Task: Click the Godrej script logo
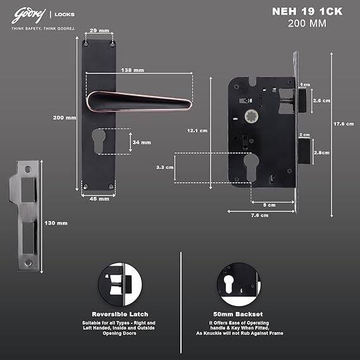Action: tap(28, 16)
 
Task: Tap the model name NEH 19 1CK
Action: tap(307, 11)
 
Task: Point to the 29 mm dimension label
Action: tap(99, 30)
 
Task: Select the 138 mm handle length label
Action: tap(132, 70)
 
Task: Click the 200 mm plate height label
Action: tap(65, 118)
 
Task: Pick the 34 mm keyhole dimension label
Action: tap(142, 142)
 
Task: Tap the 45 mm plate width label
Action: tap(99, 199)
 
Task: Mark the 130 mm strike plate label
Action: tap(56, 223)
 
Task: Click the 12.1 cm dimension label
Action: tap(197, 130)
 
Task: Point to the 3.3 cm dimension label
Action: tap(164, 168)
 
